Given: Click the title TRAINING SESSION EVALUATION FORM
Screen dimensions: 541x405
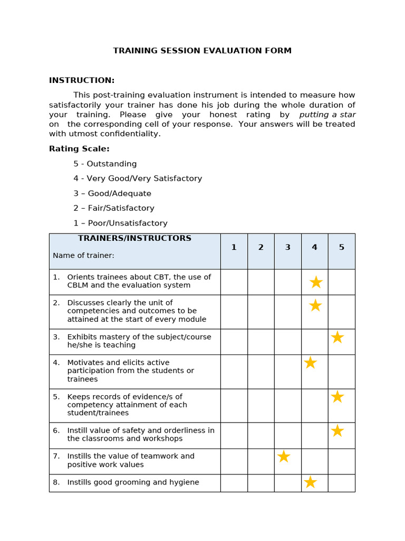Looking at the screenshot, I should (202, 51).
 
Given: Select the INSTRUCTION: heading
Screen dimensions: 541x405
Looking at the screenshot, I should (82, 80).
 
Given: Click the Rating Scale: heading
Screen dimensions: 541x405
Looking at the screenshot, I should (79, 149).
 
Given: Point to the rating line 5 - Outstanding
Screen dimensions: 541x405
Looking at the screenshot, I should (105, 164).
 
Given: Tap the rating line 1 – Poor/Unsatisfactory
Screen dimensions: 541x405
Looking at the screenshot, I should (120, 223).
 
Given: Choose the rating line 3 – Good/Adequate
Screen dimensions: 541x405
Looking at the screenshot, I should (112, 193).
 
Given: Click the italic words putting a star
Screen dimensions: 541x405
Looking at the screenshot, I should (327, 115).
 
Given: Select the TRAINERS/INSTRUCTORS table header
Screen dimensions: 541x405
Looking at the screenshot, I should (134, 238).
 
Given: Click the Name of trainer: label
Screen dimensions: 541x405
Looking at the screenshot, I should (83, 256).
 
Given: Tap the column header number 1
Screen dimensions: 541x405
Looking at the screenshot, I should (234, 247).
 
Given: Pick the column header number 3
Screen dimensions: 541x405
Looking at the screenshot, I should (287, 247).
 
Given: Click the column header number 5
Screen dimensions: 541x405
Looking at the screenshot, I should (341, 247).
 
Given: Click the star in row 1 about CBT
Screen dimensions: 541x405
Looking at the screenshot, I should (316, 282).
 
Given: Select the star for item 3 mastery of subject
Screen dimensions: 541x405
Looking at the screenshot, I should (337, 337).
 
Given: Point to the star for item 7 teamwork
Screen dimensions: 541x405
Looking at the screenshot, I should (284, 456).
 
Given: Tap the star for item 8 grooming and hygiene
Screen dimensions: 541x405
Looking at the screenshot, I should (311, 482).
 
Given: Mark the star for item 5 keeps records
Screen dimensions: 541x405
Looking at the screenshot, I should (337, 397).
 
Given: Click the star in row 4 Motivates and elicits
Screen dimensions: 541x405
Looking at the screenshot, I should (311, 362).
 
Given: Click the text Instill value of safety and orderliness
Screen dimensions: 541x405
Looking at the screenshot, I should (141, 431).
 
